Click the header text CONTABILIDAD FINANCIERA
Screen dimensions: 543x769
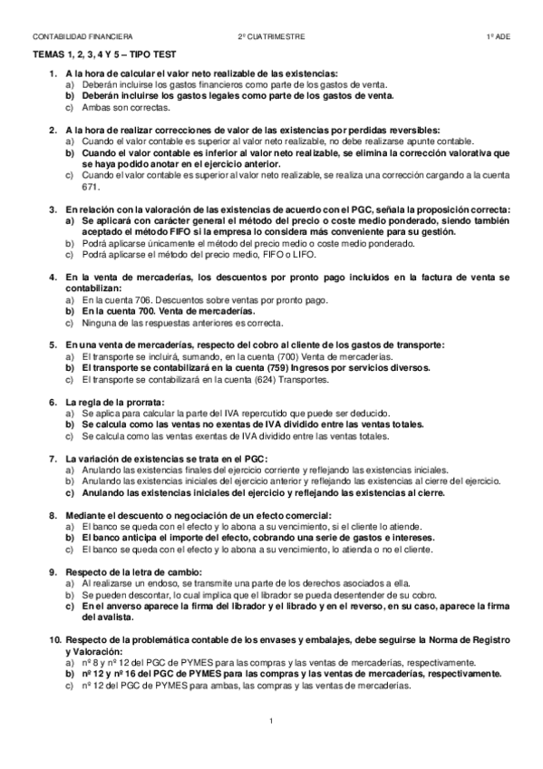click(x=82, y=36)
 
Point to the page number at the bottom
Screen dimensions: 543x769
click(x=272, y=721)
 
